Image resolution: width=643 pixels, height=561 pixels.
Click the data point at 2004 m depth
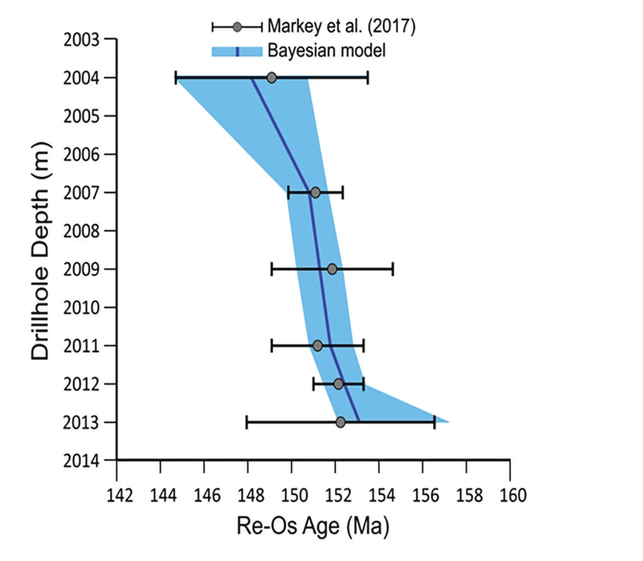click(x=272, y=78)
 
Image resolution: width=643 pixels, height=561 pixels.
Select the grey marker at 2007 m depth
click(x=315, y=193)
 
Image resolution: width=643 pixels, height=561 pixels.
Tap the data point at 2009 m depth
click(x=332, y=269)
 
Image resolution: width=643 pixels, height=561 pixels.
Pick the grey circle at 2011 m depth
click(x=317, y=346)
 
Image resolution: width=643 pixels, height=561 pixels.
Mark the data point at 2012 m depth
click(x=338, y=384)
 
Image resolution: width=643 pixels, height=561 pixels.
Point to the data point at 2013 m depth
click(x=341, y=422)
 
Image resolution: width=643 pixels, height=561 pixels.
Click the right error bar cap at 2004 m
click(x=368, y=78)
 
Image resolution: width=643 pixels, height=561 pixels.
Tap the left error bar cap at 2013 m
click(x=247, y=422)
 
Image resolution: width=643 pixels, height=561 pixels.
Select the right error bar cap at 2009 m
click(x=393, y=269)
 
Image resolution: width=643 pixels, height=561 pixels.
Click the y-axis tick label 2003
click(x=81, y=40)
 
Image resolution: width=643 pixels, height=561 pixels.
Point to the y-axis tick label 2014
click(x=81, y=461)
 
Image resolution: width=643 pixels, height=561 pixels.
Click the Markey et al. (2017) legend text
click(x=341, y=26)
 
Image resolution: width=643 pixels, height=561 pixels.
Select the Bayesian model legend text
click(x=326, y=51)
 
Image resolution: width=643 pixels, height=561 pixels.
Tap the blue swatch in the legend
click(x=237, y=52)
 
